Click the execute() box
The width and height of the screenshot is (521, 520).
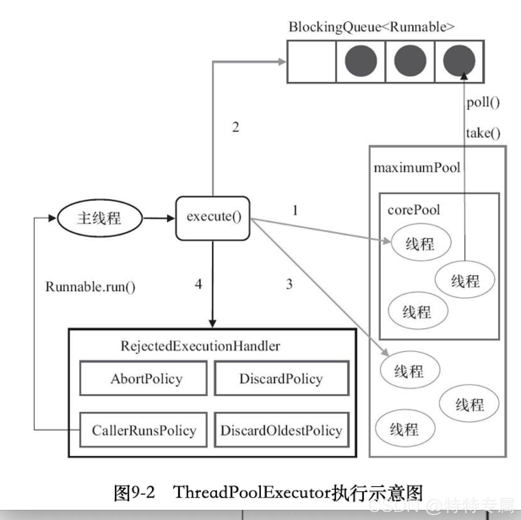213,218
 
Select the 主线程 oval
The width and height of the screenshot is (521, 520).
100,218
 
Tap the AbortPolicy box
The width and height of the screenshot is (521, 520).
144,378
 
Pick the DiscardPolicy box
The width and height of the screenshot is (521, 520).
282,378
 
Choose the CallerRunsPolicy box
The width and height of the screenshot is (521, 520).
144,430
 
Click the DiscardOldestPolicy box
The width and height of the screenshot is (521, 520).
282,430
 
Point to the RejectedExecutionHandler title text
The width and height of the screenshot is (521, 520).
200,346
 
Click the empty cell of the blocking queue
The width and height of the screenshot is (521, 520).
312,62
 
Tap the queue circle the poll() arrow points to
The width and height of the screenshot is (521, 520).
459,61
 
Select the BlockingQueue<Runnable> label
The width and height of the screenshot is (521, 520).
372,27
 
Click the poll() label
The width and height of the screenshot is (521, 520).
483,102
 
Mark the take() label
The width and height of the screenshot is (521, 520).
483,133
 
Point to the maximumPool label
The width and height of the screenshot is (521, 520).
417,168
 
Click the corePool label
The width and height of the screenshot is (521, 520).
413,210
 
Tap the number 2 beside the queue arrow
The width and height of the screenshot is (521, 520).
236,127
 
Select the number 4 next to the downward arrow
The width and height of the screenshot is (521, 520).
198,284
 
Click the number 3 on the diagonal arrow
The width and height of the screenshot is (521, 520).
289,284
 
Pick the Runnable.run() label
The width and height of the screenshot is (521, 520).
90,287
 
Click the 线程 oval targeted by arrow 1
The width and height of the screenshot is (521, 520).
421,243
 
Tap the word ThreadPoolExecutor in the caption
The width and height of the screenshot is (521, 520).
252,492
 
